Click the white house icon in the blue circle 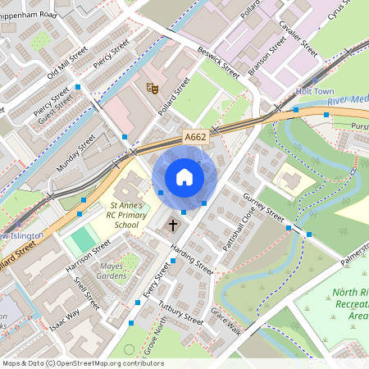184,177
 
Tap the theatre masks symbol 152,86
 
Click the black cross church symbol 173,224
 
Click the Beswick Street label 218,61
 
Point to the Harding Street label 193,260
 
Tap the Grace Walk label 224,321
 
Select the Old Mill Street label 66,63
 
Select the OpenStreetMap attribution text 83,363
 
